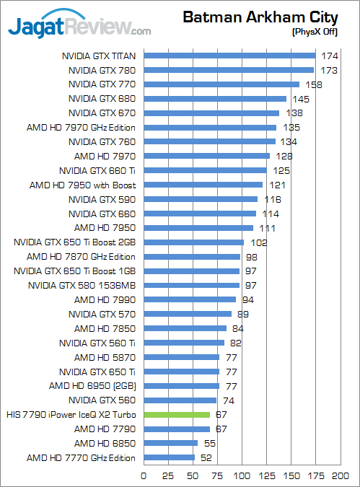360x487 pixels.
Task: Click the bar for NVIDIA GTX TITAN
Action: coord(229,56)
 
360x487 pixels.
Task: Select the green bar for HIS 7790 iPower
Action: coord(177,415)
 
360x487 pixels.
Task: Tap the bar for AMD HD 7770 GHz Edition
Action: coord(170,457)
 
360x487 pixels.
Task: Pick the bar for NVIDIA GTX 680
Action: coord(215,99)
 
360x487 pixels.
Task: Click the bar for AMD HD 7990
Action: coord(190,299)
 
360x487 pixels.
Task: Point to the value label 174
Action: coord(330,56)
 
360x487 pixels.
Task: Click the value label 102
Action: coord(259,242)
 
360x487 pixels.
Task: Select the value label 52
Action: coord(206,457)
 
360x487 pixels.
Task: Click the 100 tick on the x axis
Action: coord(242,475)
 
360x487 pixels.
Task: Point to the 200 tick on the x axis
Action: coord(341,475)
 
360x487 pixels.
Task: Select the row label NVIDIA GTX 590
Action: coord(102,199)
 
